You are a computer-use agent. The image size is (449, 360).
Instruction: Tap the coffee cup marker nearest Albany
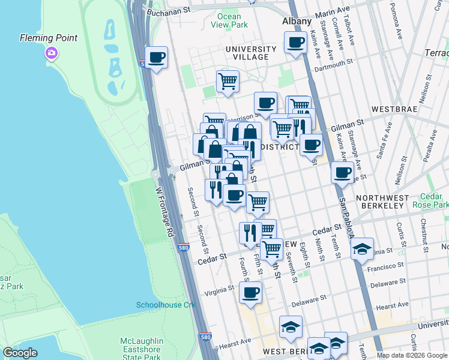[295, 43]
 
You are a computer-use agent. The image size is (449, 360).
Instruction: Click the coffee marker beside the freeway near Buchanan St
[157, 58]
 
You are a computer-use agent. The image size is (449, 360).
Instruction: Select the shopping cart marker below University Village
[228, 81]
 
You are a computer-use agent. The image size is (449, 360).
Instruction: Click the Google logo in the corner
[20, 353]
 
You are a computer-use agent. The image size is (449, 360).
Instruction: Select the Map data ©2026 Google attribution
[412, 355]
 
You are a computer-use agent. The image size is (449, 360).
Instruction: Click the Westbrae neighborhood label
[393, 110]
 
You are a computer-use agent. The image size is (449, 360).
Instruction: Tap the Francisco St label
[387, 266]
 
